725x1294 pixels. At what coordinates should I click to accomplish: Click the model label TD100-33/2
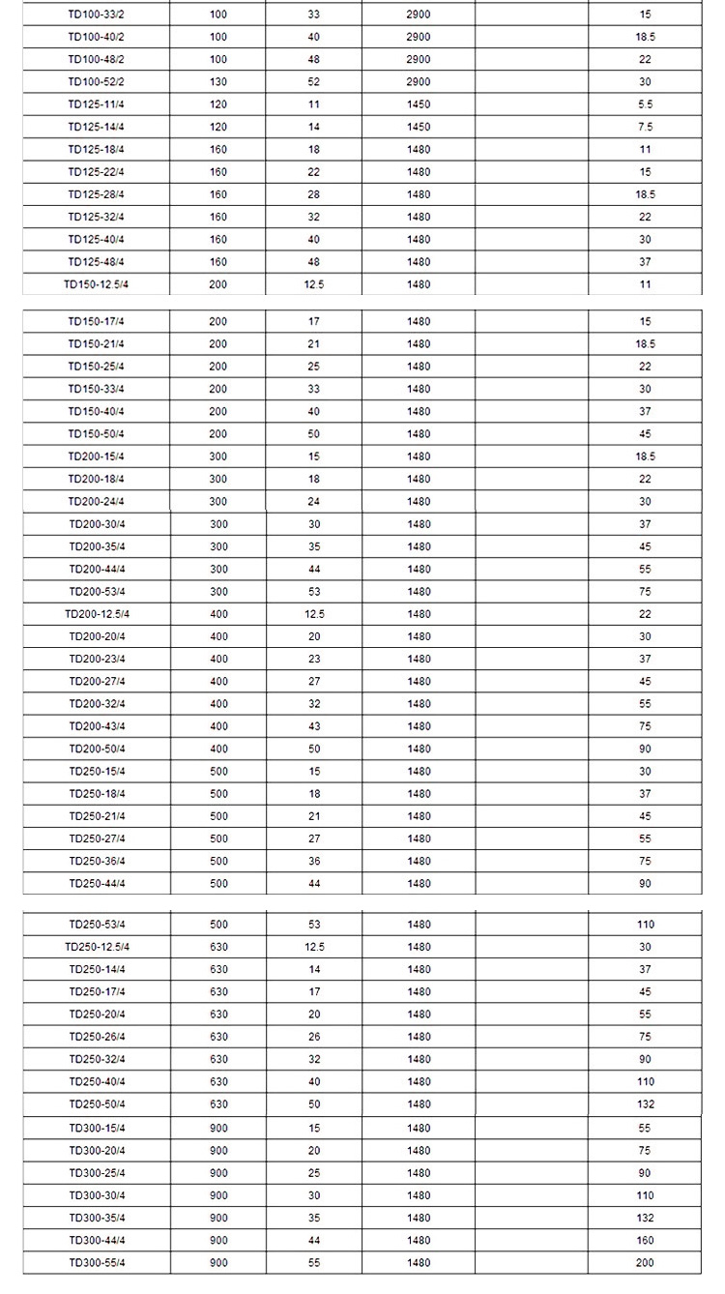[96, 15]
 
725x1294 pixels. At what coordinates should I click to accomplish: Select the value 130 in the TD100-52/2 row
[218, 82]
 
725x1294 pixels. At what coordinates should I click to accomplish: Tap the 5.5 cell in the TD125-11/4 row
[645, 104]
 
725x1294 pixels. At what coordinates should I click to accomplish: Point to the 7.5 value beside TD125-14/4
[645, 127]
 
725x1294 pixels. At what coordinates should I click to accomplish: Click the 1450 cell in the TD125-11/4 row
[419, 104]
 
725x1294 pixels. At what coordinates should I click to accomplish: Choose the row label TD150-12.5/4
[96, 284]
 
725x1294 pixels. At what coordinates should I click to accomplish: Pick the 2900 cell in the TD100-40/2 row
[419, 37]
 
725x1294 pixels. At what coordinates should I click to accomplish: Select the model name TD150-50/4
[96, 434]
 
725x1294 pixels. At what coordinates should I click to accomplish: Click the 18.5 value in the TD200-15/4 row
[645, 456]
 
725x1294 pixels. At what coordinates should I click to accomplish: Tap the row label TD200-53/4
[97, 592]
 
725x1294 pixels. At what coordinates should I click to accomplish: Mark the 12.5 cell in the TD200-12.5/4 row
[314, 614]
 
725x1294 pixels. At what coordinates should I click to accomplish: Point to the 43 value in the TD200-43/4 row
[314, 726]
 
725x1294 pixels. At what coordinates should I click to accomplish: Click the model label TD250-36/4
[97, 862]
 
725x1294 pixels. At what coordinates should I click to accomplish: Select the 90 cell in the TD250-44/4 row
[645, 884]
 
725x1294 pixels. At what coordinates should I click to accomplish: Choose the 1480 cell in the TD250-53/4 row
[419, 925]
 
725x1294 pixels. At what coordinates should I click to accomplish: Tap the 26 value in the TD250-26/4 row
[314, 1037]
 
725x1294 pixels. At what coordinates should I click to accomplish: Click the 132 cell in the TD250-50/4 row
[645, 1104]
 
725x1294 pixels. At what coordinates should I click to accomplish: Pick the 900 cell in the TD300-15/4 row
[218, 1129]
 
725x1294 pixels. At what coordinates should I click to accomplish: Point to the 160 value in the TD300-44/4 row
[645, 1241]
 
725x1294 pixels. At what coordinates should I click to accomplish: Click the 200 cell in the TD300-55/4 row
[645, 1263]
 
